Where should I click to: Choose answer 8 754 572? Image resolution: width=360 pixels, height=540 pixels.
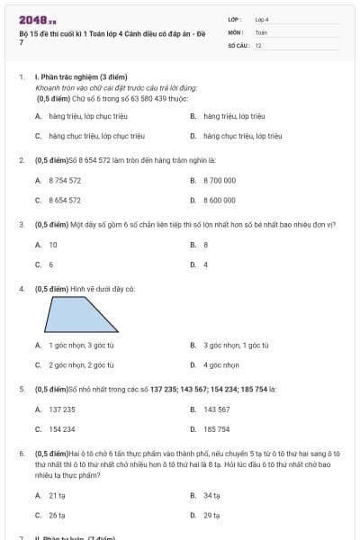65,180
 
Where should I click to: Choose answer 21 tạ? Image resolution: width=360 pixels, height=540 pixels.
57,495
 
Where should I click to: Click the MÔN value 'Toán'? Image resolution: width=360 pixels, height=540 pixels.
261,31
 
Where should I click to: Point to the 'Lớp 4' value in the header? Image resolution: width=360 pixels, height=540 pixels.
262,18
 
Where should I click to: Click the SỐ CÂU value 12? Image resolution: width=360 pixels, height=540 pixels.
258,45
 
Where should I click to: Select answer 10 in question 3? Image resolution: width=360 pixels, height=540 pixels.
53,244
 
